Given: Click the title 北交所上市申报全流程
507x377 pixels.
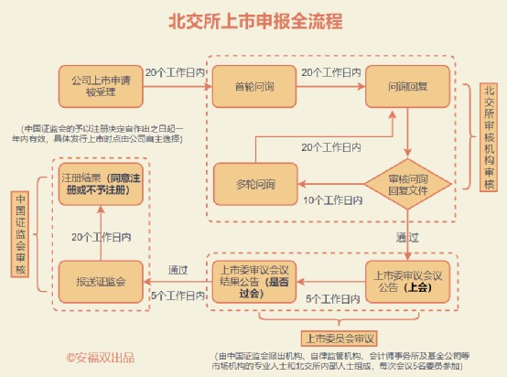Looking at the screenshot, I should pyautogui.click(x=253, y=21).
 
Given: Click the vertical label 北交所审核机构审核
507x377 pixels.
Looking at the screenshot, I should pyautogui.click(x=488, y=138).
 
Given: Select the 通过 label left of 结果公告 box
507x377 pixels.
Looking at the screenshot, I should pyautogui.click(x=178, y=270).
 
